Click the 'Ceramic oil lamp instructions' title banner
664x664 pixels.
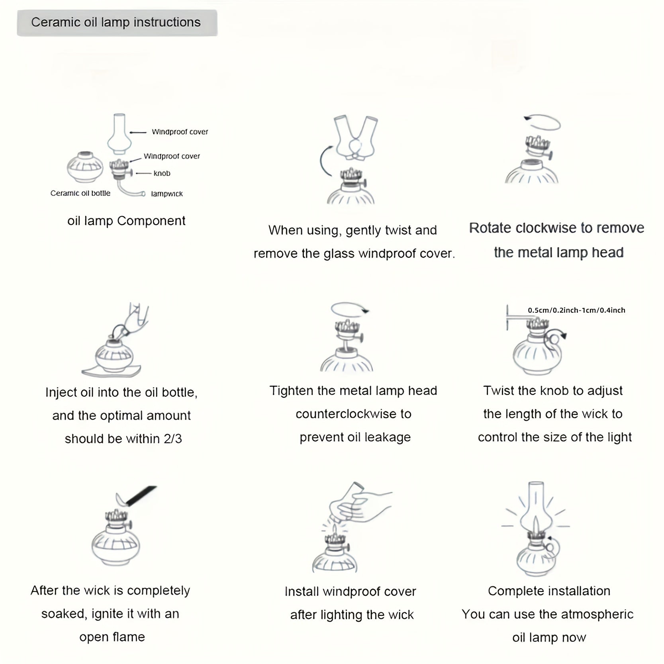point(117,23)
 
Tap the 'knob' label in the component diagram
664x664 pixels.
point(162,173)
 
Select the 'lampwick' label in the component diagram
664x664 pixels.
point(167,194)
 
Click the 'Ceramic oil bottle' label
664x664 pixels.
point(80,193)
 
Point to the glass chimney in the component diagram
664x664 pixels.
point(119,134)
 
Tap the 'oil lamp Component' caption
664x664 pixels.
point(126,221)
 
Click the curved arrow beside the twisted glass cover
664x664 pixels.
point(323,161)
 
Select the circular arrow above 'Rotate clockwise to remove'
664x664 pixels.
point(543,122)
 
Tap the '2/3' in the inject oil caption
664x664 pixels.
point(173,439)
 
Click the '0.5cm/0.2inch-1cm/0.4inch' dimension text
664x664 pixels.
point(576,310)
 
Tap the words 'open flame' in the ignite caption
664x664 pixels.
point(112,637)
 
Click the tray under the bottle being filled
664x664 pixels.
point(112,371)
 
